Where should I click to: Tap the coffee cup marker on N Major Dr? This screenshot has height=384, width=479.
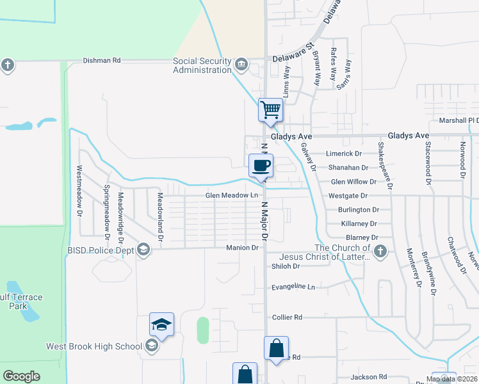tap(261, 166)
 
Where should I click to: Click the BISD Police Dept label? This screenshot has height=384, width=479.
tap(100, 250)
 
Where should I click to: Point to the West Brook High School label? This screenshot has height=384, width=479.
tap(93, 346)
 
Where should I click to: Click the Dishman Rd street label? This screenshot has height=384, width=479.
tap(102, 61)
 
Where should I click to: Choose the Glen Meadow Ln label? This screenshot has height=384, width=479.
tap(231, 195)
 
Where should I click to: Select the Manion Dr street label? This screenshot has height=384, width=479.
tap(242, 248)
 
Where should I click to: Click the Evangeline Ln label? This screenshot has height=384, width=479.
tap(294, 287)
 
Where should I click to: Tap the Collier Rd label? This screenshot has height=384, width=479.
tap(287, 317)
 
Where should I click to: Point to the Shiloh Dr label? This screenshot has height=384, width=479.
tap(286, 266)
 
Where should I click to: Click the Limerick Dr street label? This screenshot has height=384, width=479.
tap(344, 154)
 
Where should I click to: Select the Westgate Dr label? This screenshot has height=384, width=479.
tap(348, 195)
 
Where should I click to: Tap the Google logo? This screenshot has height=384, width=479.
tap(21, 376)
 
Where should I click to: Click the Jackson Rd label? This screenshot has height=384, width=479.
tap(369, 377)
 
